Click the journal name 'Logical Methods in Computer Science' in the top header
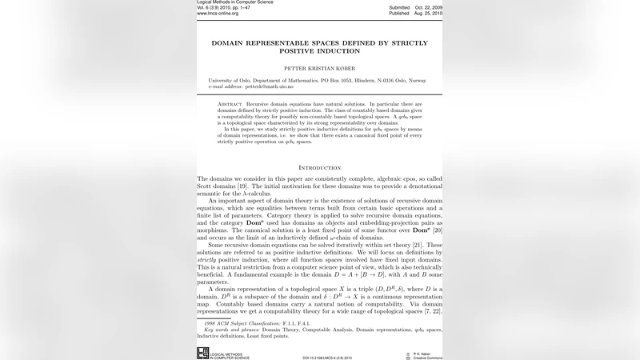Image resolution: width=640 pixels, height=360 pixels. coord(234,2)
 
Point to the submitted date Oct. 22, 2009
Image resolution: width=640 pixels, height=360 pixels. coord(427,7)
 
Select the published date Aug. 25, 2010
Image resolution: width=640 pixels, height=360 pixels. coord(427,14)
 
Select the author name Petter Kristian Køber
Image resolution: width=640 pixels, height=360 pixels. coord(319,69)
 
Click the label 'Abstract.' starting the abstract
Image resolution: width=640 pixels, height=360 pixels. coord(231,105)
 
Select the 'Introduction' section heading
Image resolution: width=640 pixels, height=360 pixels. coord(319,168)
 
